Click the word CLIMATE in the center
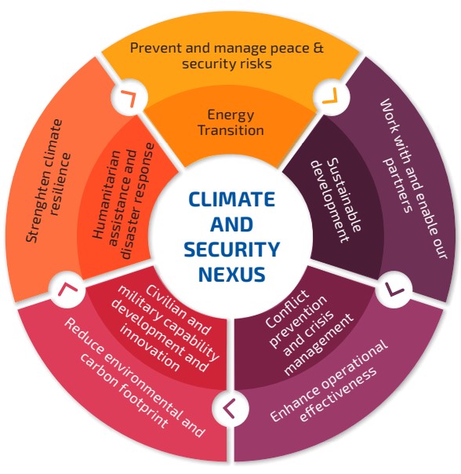click(x=232, y=199)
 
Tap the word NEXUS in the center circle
click(x=232, y=274)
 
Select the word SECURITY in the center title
click(x=232, y=250)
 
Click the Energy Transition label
click(x=230, y=122)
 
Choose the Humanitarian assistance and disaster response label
click(x=123, y=201)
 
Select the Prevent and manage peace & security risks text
click(x=227, y=56)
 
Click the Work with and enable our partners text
click(x=412, y=179)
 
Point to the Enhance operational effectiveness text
click(x=329, y=381)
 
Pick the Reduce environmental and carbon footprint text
click(x=134, y=378)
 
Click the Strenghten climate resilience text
click(x=49, y=180)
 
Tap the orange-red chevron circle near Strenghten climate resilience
click(x=129, y=97)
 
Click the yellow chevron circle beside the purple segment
click(x=331, y=97)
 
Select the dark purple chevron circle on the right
click(x=394, y=289)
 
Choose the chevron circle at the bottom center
click(x=230, y=408)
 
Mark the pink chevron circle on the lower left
click(x=67, y=290)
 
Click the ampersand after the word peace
click(x=318, y=49)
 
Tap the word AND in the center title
click(x=232, y=224)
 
